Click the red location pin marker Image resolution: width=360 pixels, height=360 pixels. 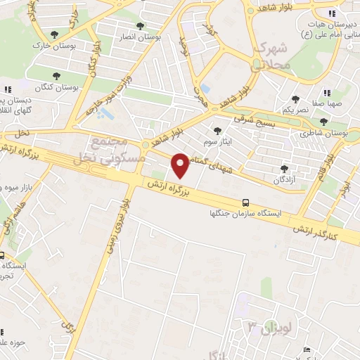[x=181, y=165]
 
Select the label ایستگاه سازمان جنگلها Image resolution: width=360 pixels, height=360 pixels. [x=243, y=213]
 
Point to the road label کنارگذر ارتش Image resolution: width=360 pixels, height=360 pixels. [x=331, y=229]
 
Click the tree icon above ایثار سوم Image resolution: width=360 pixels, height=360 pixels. [x=217, y=130]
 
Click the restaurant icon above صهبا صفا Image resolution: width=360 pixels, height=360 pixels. [x=326, y=93]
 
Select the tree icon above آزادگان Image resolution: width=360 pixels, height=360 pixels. [x=284, y=169]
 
